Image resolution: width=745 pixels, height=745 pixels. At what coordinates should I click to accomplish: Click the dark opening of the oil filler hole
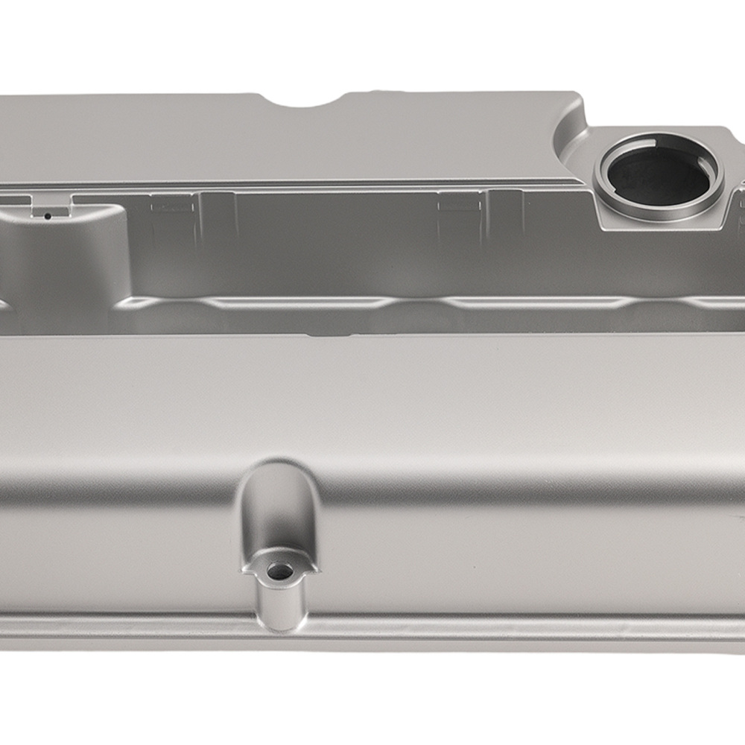tap(656, 176)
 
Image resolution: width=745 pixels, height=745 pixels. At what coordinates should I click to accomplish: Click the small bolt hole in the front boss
tap(280, 571)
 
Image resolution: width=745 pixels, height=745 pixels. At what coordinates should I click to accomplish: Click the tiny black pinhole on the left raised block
tap(47, 217)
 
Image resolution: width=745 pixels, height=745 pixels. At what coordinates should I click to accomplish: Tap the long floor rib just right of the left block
tap(291, 302)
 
